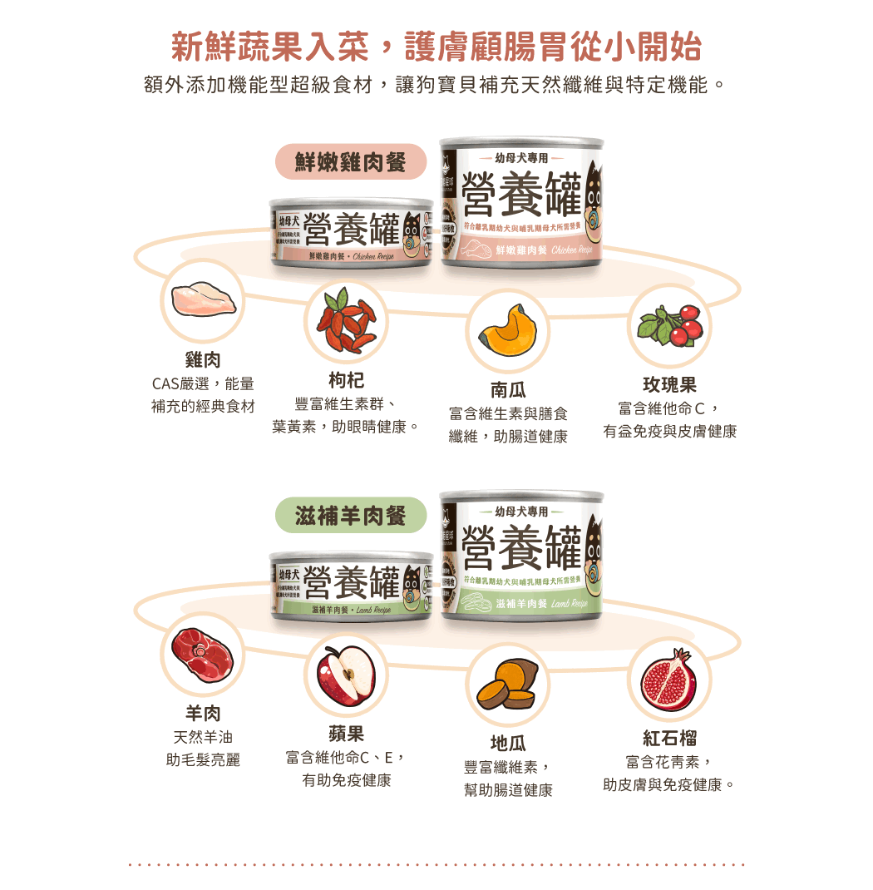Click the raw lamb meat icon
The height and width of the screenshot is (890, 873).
tap(203, 654)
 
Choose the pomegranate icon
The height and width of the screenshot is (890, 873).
tap(669, 679)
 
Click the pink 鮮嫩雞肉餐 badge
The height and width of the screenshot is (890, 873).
tap(350, 162)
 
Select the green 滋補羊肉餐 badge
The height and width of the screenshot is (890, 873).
tap(350, 516)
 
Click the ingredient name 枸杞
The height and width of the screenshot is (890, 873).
tap(346, 381)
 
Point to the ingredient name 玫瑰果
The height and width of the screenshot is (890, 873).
tap(669, 385)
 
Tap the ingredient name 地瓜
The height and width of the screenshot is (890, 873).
tap(508, 743)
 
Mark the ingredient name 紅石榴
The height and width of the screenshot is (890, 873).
tap(669, 738)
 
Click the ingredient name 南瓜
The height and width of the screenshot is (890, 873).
tap(508, 390)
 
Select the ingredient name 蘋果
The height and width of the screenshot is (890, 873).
tap(346, 734)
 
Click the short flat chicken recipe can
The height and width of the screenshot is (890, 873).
tap(351, 232)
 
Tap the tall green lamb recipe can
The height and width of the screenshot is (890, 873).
tap(521, 553)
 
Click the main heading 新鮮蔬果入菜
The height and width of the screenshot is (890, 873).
tap(274, 47)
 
